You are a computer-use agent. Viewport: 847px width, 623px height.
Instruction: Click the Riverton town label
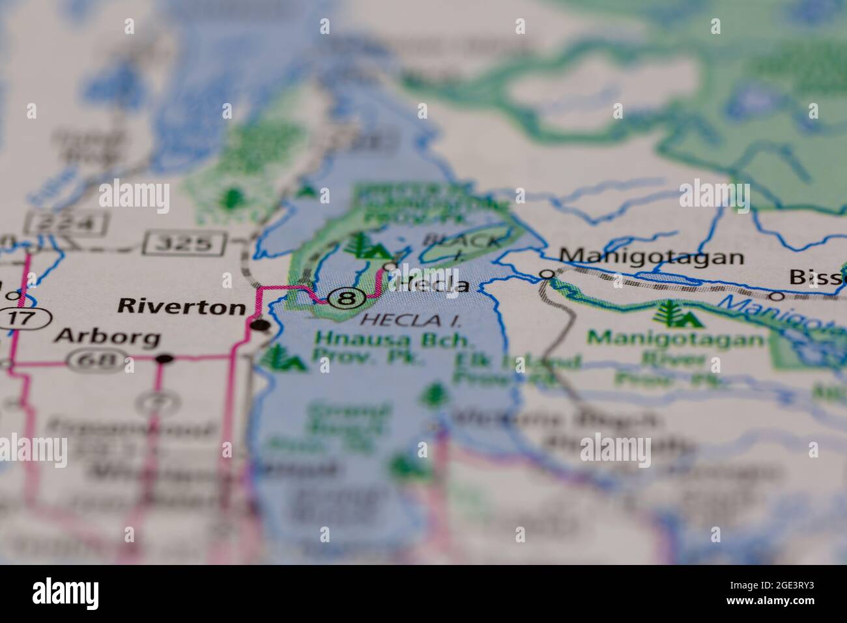coord(180,307)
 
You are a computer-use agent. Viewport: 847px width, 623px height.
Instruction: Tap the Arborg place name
coord(108,337)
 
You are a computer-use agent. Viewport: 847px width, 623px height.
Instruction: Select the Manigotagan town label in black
coord(652,256)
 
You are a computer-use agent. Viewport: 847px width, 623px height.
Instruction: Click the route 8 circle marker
coord(347,299)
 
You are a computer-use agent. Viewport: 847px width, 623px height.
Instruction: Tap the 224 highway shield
coord(66,224)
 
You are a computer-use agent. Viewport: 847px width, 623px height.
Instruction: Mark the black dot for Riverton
coord(260,325)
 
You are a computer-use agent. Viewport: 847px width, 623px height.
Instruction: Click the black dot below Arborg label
coord(164,358)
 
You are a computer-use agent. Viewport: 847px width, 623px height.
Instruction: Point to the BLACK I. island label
coord(464,244)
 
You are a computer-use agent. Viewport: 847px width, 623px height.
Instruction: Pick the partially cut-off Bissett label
coord(818,277)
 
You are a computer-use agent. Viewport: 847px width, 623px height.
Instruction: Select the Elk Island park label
coord(518,368)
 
